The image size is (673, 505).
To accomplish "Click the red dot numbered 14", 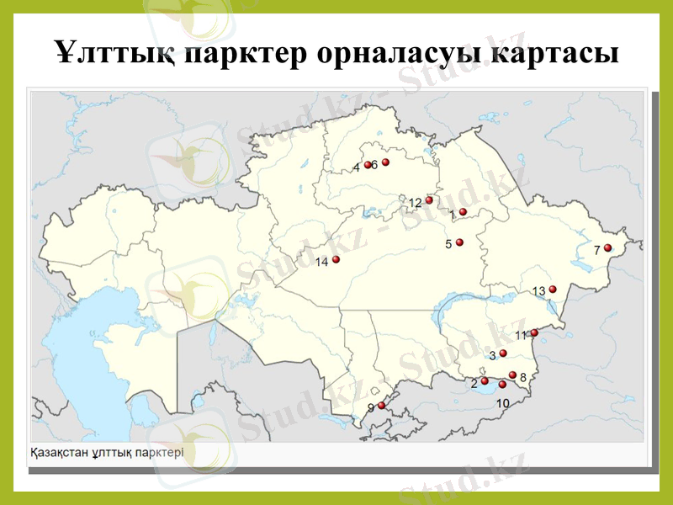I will (x=336, y=259).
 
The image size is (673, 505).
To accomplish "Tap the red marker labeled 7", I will (x=607, y=248).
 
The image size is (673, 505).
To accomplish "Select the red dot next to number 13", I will (x=553, y=290).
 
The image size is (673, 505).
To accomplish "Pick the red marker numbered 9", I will (x=381, y=405).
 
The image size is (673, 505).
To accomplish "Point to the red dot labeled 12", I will (x=429, y=200).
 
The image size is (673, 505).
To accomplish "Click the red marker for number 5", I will (x=459, y=242).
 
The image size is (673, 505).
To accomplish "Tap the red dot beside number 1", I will (x=463, y=212).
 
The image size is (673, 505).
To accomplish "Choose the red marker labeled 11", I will (x=534, y=332).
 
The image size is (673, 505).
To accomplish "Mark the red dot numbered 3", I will (x=503, y=353).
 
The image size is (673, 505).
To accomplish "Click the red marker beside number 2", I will (x=485, y=381).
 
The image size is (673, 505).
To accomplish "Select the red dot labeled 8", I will (x=513, y=375).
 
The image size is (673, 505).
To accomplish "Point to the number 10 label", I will (x=502, y=403).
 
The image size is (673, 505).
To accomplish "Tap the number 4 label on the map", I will (x=356, y=167).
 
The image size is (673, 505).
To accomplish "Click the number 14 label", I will (x=321, y=263).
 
